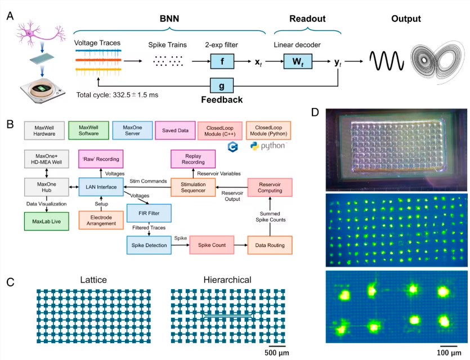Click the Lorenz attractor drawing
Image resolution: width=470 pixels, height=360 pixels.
(x=436, y=58)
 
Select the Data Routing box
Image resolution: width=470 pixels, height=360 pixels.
(x=271, y=245)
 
